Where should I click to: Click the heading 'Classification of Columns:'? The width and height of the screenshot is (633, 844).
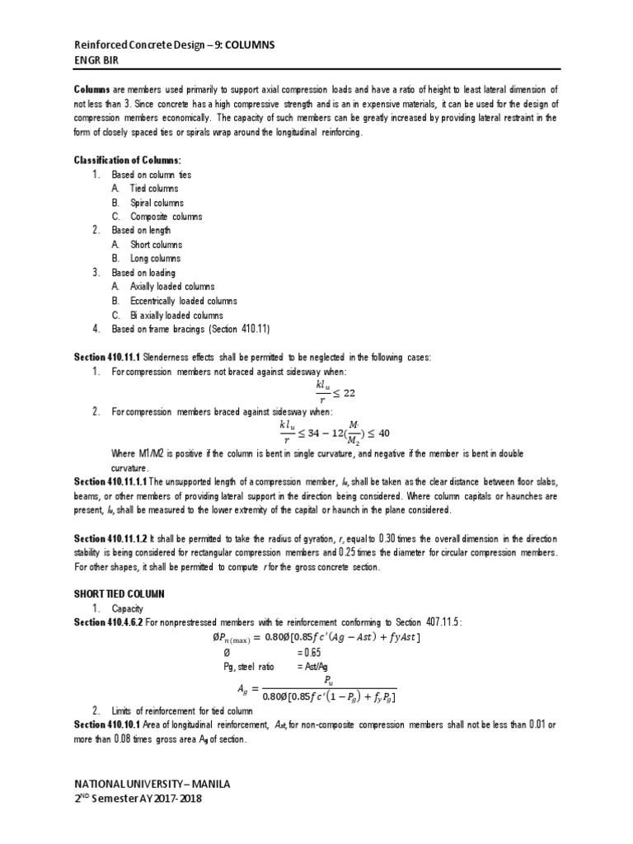pyautogui.click(x=127, y=160)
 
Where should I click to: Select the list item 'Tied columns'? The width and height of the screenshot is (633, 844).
pyautogui.click(x=154, y=189)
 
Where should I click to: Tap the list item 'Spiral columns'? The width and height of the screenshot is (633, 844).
pyautogui.click(x=157, y=203)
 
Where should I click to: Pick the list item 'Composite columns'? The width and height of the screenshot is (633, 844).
pyautogui.click(x=166, y=217)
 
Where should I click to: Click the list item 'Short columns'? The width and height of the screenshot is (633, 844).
pyautogui.click(x=157, y=245)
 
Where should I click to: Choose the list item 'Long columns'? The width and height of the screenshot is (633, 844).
pyautogui.click(x=156, y=259)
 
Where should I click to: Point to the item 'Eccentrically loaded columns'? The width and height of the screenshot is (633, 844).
pyautogui.click(x=184, y=301)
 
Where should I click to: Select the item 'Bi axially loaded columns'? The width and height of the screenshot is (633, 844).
pyautogui.click(x=176, y=315)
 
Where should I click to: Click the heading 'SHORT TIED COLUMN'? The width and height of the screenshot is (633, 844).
pyautogui.click(x=120, y=593)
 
